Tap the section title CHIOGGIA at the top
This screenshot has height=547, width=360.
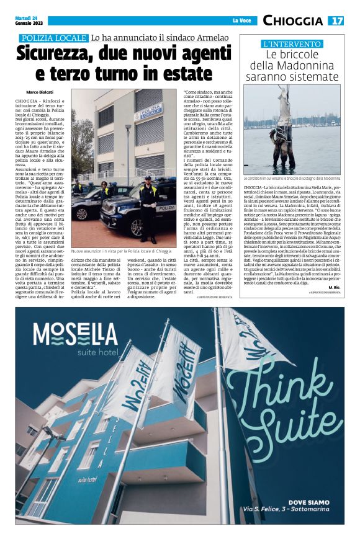click(x=292, y=20)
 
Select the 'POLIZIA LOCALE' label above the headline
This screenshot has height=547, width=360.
click(x=53, y=38)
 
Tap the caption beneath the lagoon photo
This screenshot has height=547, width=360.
click(x=300, y=178)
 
